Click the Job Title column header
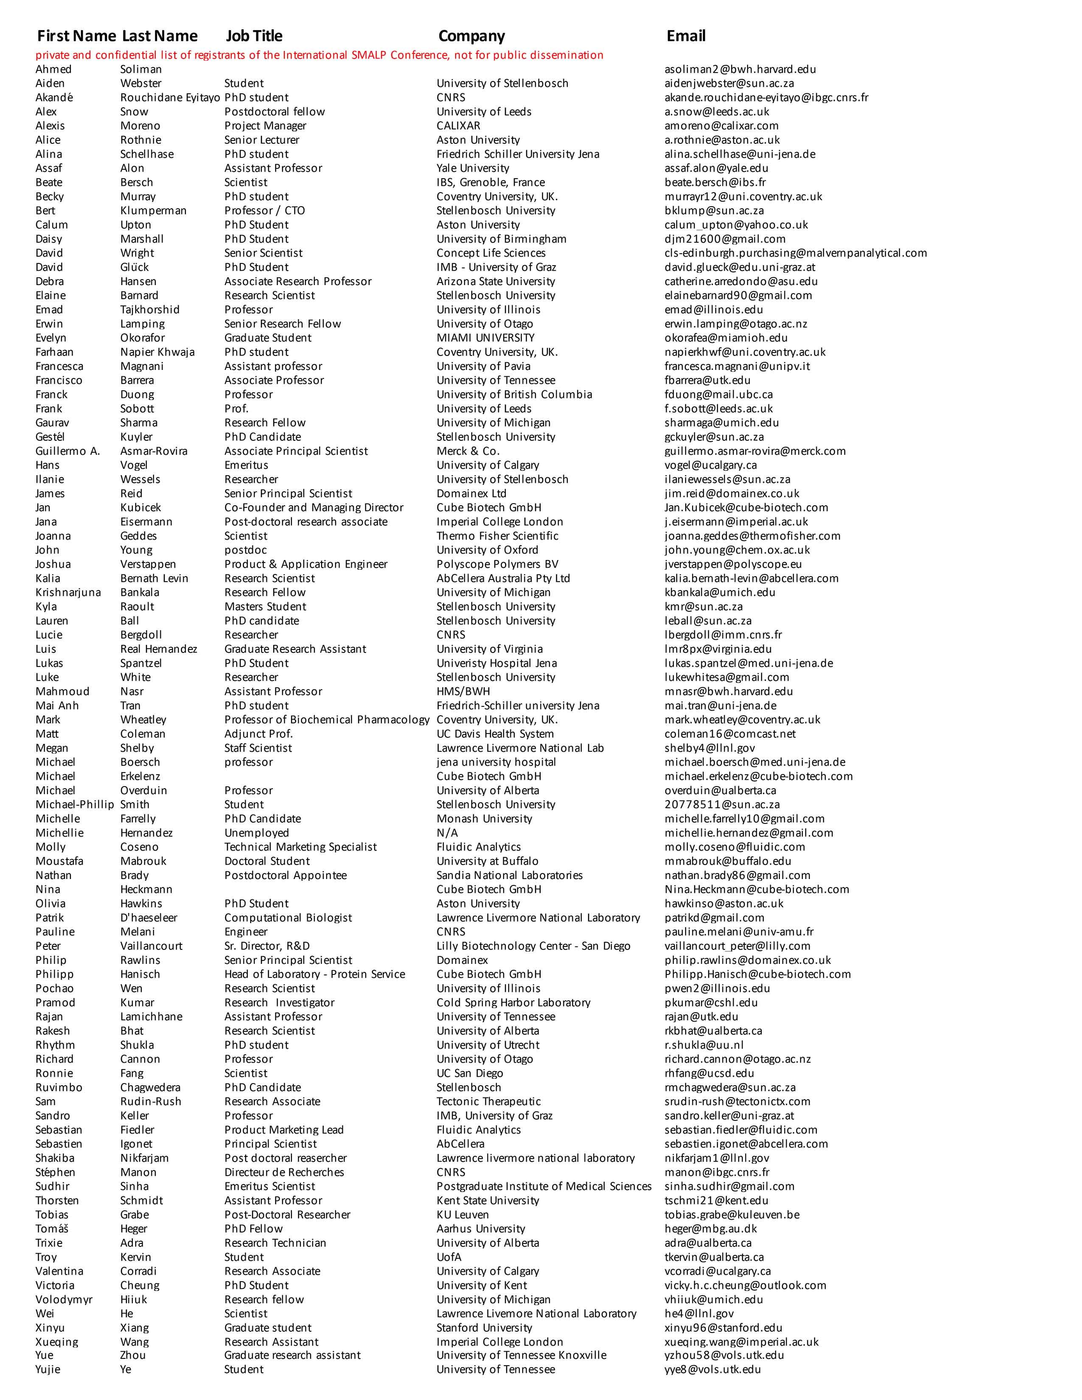click(x=254, y=36)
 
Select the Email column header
click(x=686, y=36)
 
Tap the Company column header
click(x=471, y=36)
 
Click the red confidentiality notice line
click(x=319, y=55)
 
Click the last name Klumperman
click(x=153, y=211)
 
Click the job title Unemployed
click(x=256, y=833)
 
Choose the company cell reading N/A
click(x=447, y=833)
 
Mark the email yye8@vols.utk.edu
click(x=713, y=1370)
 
